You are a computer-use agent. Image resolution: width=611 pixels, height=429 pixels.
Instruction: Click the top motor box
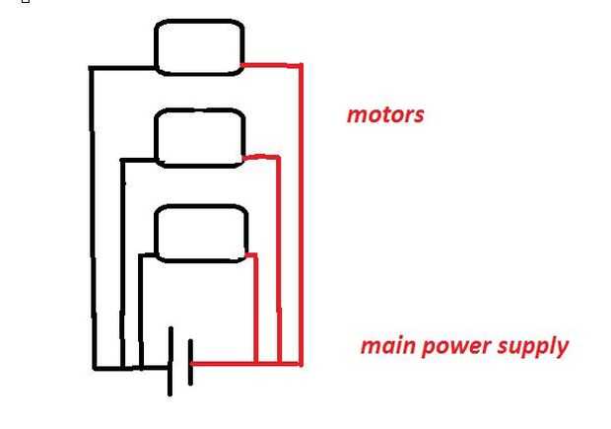point(198,47)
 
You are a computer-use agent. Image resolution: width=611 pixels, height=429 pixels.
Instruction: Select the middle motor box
point(199,137)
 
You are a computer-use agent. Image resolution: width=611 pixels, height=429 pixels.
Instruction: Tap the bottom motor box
point(200,234)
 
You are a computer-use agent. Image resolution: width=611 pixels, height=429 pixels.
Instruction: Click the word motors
point(385,114)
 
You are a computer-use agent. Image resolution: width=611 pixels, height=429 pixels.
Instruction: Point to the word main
point(385,346)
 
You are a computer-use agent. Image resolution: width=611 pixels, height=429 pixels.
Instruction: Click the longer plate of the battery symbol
point(170,361)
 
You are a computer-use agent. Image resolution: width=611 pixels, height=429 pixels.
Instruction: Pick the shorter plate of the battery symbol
point(189,363)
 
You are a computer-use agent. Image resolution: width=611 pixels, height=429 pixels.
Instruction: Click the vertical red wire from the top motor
point(301,217)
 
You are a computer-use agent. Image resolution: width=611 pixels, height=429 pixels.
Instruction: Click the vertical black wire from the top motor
point(93,217)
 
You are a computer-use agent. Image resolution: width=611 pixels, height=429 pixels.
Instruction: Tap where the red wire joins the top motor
point(243,66)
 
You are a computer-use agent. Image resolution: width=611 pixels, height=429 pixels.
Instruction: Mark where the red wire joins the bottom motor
point(244,254)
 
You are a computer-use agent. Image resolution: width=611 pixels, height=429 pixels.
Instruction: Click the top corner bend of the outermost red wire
point(301,66)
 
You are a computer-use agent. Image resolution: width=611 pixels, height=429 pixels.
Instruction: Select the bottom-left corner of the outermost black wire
point(95,369)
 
